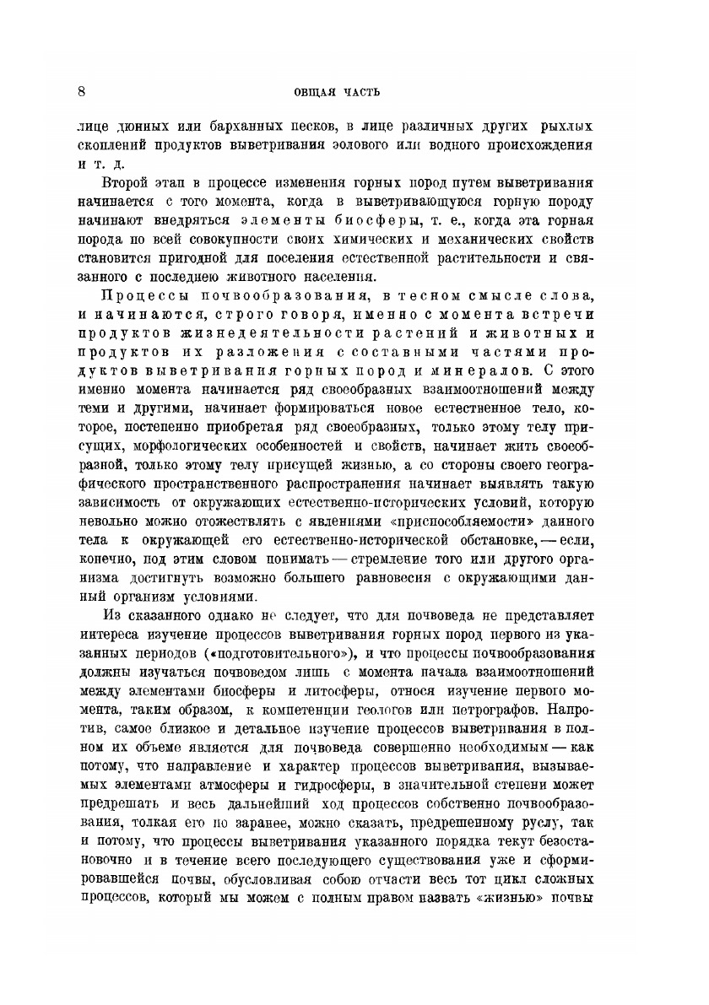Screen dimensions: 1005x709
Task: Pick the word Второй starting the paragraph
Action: coord(124,182)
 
